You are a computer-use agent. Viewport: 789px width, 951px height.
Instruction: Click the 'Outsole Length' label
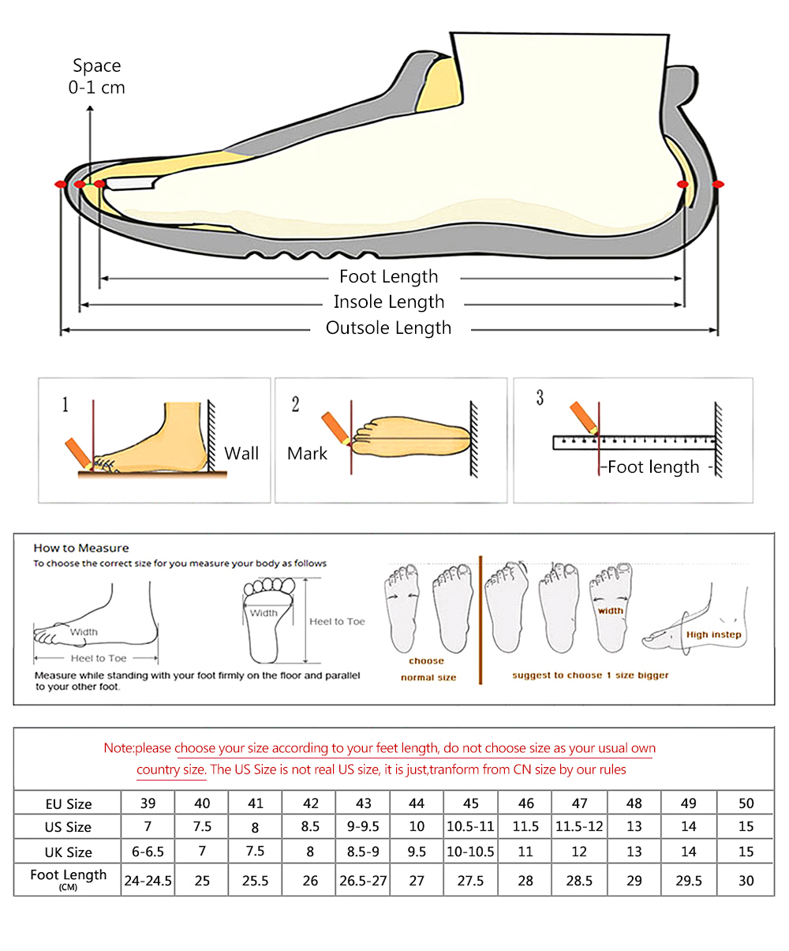388,328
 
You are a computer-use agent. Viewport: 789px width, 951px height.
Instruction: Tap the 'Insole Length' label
389,302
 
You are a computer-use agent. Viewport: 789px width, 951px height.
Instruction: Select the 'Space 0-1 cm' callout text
96,77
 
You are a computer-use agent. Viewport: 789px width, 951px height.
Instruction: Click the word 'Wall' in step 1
241,454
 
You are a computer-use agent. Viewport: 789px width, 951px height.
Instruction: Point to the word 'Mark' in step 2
307,454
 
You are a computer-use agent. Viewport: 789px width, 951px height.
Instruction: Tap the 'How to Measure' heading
81,548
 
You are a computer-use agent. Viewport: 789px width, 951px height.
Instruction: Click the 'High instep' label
713,635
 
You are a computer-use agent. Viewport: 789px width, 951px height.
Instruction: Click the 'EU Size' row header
69,804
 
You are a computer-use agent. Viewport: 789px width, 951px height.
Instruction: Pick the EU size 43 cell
364,803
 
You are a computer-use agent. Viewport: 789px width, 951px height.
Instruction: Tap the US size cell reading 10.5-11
470,827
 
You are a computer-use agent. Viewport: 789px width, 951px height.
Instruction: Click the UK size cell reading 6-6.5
148,852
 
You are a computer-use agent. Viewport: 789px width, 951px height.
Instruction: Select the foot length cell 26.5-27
364,881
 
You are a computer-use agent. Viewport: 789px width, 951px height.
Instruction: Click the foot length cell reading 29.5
689,881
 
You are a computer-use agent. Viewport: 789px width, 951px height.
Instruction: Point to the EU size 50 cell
746,803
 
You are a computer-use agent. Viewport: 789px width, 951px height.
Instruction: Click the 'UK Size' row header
69,852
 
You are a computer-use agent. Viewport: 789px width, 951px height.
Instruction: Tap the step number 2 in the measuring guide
295,405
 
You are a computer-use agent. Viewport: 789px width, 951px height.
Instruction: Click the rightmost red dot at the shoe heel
718,185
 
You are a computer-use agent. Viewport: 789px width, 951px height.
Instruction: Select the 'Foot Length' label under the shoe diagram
388,277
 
